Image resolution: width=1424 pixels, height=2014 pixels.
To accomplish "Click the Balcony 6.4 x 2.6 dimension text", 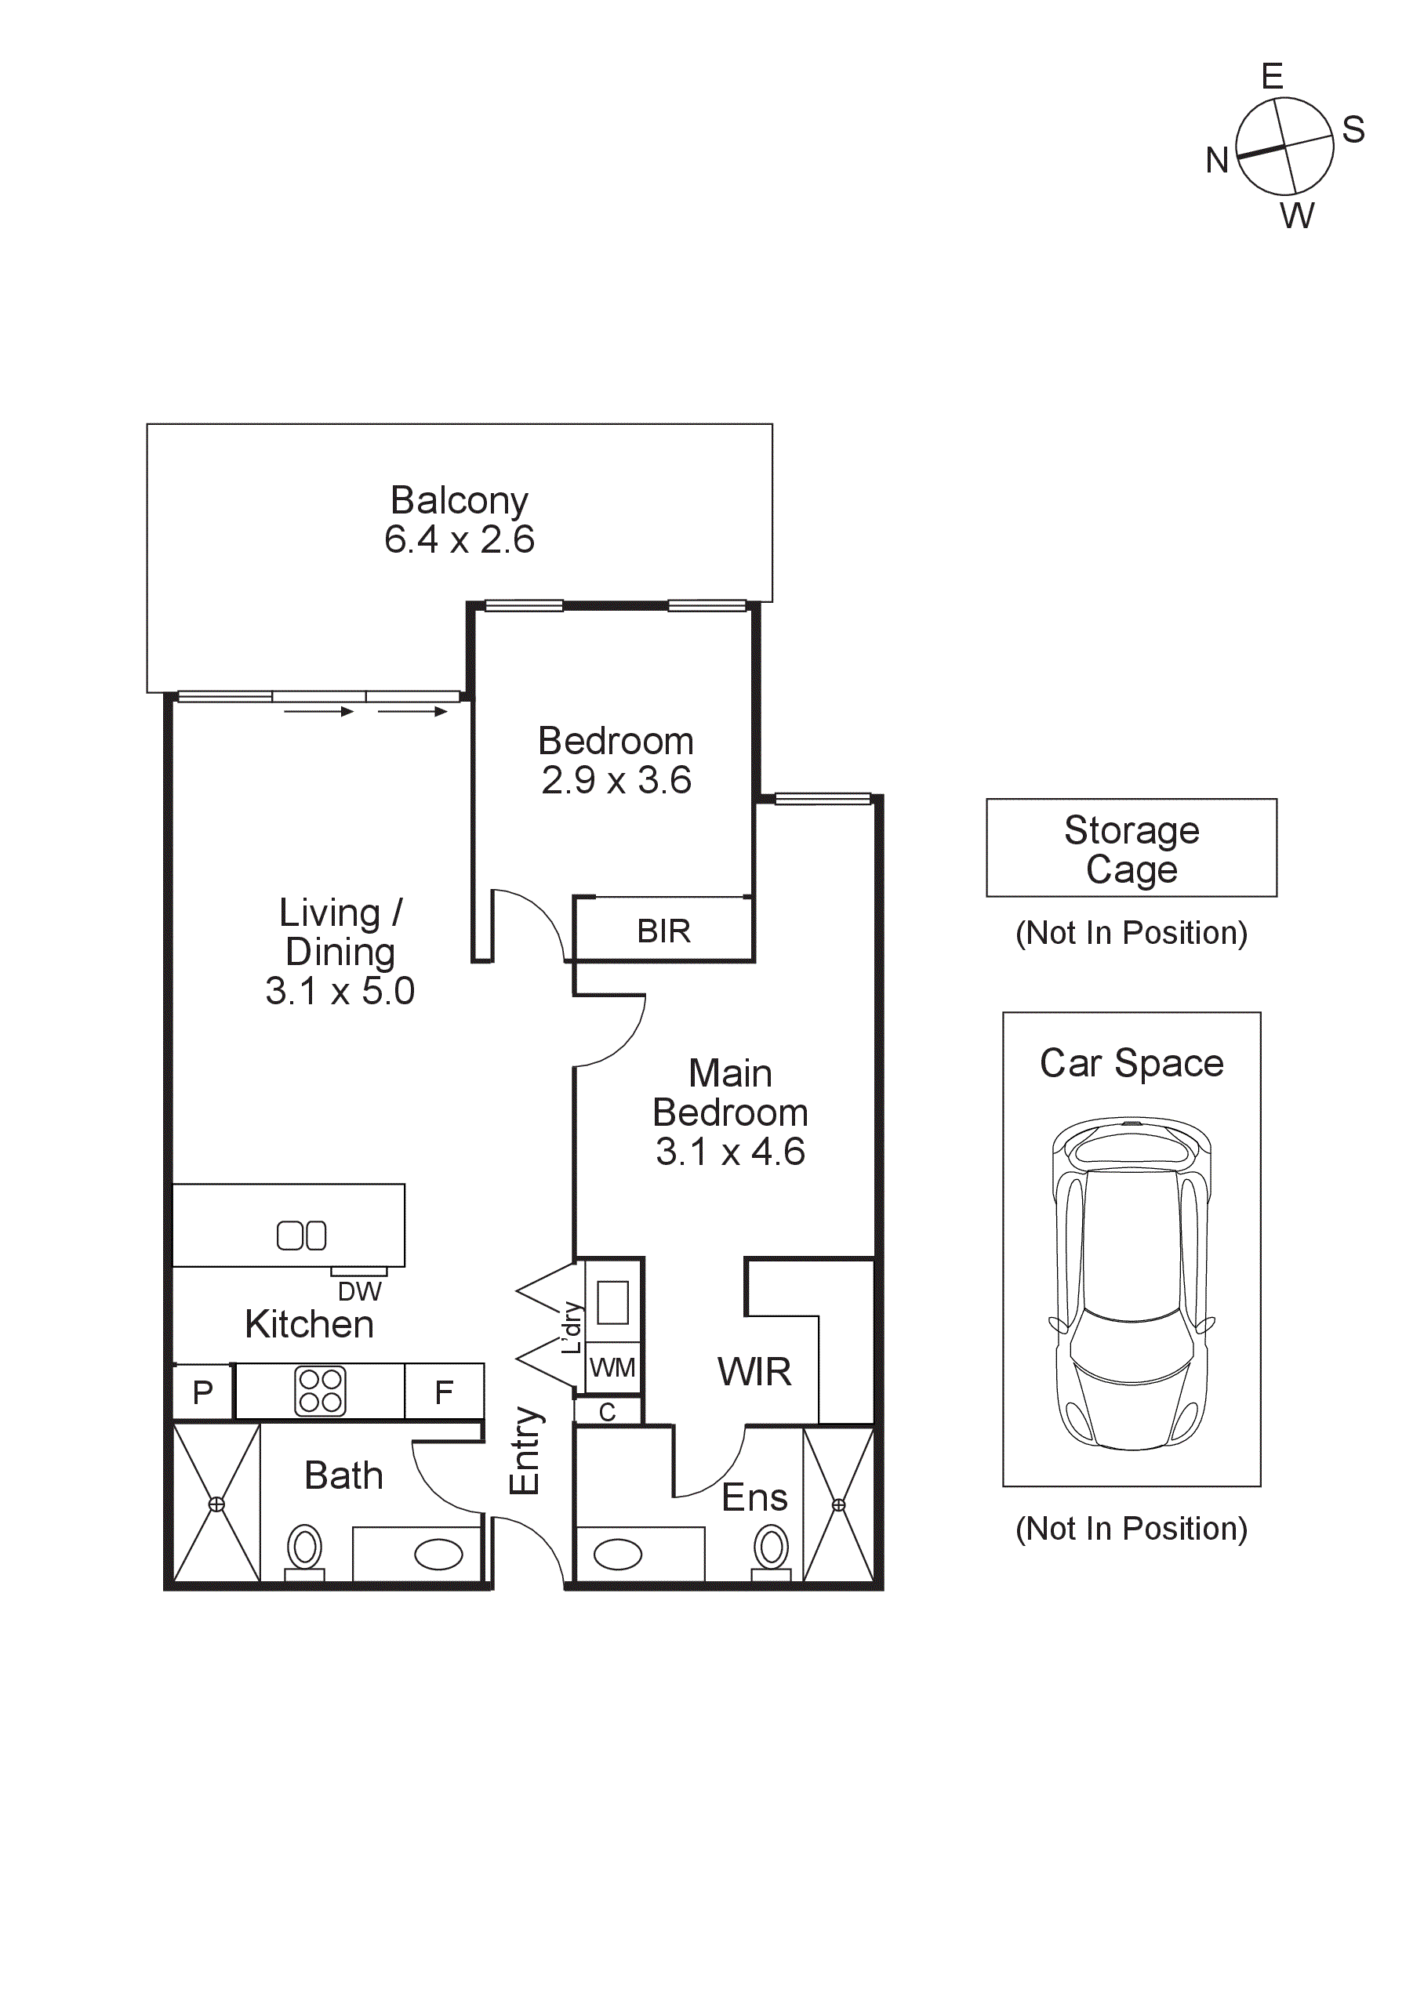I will [459, 539].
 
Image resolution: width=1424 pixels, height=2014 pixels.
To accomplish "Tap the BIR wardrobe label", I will [663, 931].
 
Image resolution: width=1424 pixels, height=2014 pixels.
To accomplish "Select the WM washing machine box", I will [612, 1366].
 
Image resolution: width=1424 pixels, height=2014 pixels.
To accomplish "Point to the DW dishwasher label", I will [360, 1291].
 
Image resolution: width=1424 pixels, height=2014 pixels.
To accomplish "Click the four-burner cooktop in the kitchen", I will [320, 1392].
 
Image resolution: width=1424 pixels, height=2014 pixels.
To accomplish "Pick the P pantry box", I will [202, 1392].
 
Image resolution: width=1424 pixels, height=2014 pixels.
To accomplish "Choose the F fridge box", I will [444, 1392].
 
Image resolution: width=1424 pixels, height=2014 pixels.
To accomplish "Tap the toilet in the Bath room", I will [304, 1549].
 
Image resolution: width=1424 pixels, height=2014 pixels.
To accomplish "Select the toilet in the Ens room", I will [772, 1549].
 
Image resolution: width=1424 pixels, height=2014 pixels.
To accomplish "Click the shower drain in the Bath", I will [216, 1504].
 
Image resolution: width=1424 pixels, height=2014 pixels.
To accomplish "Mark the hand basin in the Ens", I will [618, 1555].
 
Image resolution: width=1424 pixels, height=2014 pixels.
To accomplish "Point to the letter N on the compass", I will [1216, 161].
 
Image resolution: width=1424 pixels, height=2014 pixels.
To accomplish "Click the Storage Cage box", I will [1131, 847].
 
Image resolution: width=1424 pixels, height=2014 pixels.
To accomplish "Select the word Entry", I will [525, 1451].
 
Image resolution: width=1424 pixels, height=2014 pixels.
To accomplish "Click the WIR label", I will [754, 1371].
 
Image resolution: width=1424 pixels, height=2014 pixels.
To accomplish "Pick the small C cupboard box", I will [607, 1411].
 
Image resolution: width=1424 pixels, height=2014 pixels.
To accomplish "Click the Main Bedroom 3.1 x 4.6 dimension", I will [730, 1152].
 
